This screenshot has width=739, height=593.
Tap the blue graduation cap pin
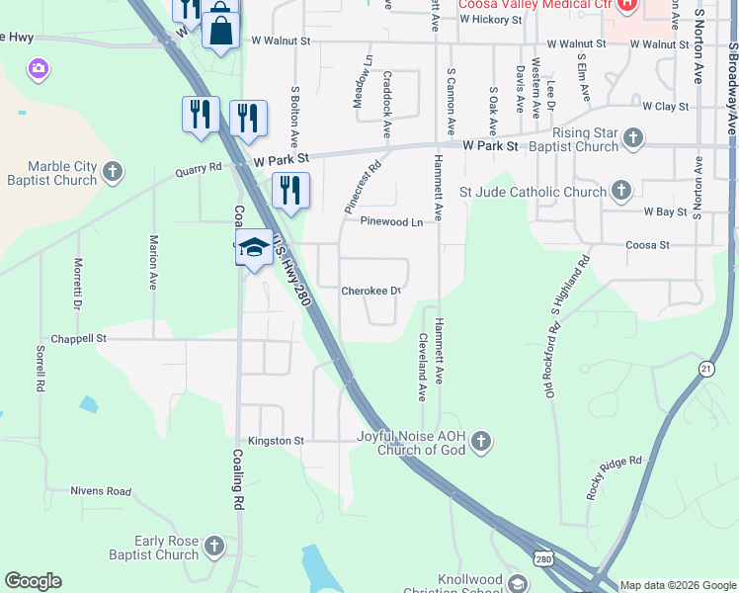(x=254, y=247)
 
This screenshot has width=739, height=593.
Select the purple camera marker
(x=39, y=68)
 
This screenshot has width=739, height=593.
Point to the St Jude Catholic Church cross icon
(x=620, y=188)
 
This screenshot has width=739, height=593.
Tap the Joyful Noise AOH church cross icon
(x=480, y=441)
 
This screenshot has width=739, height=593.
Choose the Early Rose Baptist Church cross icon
(x=213, y=546)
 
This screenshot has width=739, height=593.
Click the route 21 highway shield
(x=705, y=368)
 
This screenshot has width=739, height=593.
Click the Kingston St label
(x=277, y=440)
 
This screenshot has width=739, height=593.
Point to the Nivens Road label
(x=101, y=491)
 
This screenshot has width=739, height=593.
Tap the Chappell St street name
(x=79, y=338)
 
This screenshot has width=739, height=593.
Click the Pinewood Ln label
(x=391, y=222)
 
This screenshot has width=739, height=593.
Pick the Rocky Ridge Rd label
(x=614, y=476)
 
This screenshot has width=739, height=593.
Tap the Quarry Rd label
(x=199, y=169)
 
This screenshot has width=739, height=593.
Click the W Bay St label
(x=665, y=212)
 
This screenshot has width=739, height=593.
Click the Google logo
(x=33, y=581)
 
